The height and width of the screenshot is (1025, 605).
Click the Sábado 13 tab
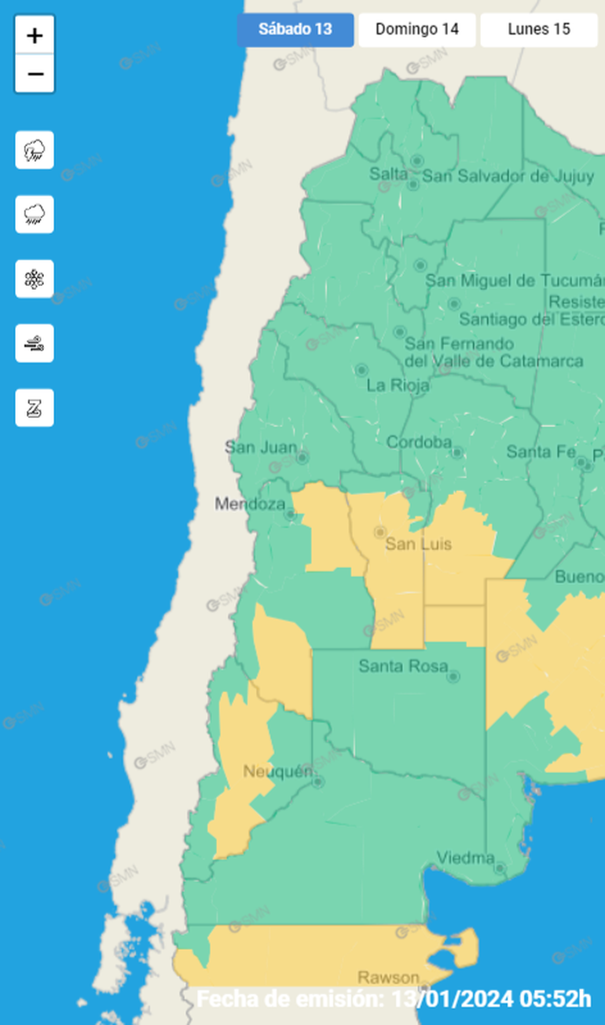[295, 30]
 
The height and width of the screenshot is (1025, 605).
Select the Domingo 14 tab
[416, 30]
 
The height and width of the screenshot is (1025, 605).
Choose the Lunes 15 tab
[539, 30]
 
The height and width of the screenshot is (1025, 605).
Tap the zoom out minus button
[35, 75]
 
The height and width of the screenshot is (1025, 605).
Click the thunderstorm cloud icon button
[35, 150]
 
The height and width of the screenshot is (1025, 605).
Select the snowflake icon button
[35, 279]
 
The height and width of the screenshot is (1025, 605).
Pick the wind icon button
[35, 343]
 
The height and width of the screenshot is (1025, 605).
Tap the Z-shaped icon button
[35, 408]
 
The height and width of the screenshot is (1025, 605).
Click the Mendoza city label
[250, 503]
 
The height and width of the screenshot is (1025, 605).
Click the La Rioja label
[398, 385]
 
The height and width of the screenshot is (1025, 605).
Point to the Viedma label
[466, 857]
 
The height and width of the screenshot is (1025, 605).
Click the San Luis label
[418, 544]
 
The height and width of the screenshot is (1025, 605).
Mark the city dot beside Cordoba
[457, 452]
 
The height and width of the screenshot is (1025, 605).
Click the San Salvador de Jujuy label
[508, 176]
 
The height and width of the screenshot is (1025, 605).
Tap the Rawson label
[388, 978]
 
